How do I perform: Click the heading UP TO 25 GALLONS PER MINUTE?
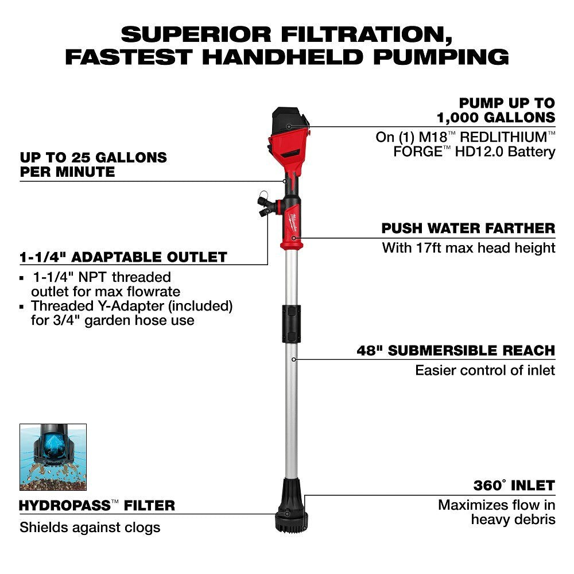click(93, 164)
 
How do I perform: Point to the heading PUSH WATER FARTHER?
click(468, 228)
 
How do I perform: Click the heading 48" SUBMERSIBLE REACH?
click(456, 351)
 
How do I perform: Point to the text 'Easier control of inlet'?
click(485, 370)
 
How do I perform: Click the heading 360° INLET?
click(514, 486)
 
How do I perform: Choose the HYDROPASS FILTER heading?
click(97, 506)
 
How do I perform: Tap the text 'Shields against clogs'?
click(90, 527)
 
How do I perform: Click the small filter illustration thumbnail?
click(53, 457)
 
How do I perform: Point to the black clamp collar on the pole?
click(292, 324)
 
